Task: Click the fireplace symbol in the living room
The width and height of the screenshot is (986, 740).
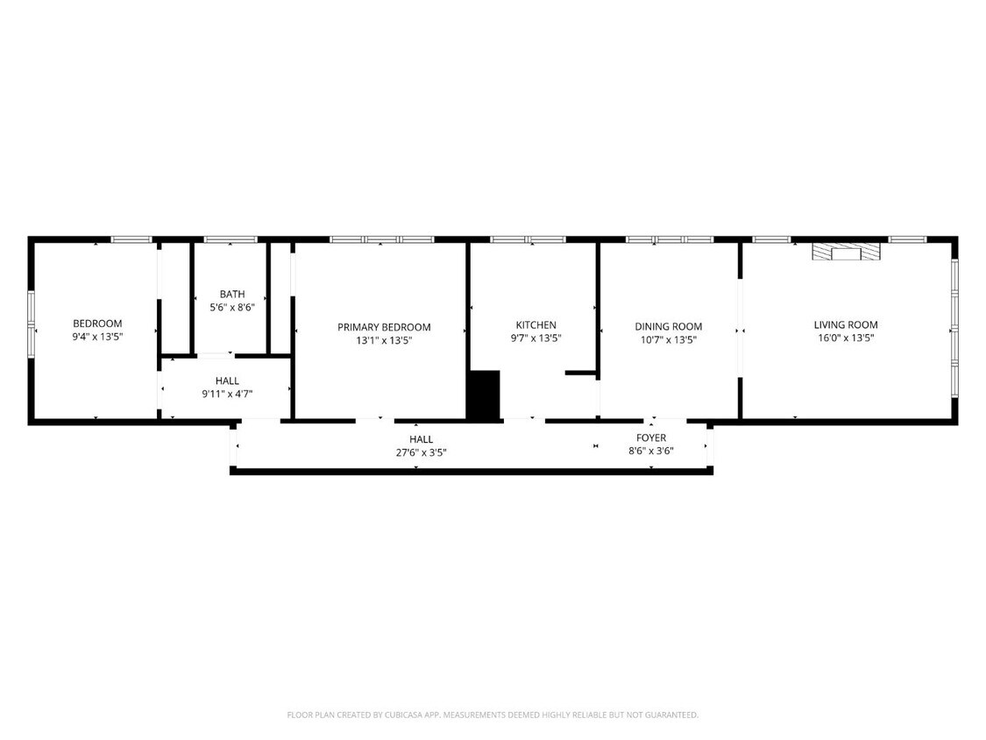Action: click(846, 253)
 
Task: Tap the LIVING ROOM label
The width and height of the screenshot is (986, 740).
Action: click(845, 325)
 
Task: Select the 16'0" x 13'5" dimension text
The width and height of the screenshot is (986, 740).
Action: click(845, 338)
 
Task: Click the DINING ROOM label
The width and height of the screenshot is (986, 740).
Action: click(668, 327)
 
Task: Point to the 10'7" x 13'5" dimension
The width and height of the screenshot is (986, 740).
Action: click(668, 339)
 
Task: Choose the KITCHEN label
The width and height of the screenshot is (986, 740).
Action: click(536, 325)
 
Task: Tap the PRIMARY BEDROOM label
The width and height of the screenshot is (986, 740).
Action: click(384, 327)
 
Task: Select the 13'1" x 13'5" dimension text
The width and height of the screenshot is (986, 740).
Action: click(384, 339)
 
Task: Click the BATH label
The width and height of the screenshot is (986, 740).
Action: click(232, 295)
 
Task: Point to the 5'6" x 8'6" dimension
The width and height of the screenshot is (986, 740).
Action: click(232, 307)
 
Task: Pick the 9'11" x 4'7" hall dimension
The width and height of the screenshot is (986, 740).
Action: click(227, 394)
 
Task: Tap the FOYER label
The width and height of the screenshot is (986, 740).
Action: click(651, 438)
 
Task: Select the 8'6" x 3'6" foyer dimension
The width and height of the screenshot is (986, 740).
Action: click(651, 451)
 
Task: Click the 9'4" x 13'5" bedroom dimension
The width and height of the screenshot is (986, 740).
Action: click(97, 336)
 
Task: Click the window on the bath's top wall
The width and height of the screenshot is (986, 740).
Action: click(231, 238)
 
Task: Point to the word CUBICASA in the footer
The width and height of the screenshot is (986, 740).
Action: click(400, 715)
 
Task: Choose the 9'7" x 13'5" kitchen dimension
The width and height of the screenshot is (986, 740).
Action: click(536, 338)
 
